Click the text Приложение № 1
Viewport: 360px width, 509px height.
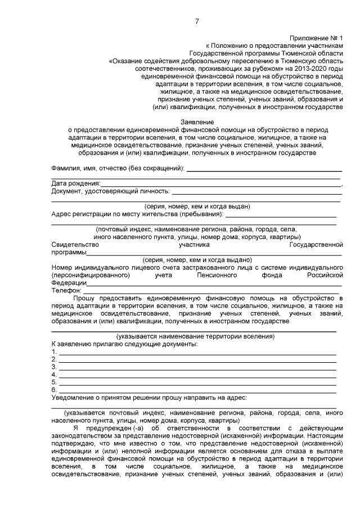pos(320,36)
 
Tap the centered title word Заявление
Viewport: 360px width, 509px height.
pos(196,121)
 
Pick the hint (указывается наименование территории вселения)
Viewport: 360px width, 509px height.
pos(196,336)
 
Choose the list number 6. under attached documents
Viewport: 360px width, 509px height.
pos(54,389)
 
